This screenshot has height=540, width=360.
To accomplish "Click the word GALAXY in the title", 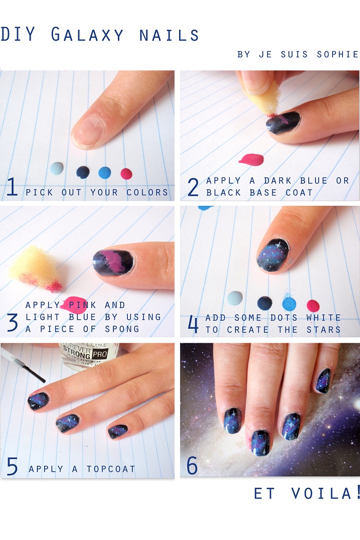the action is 87,35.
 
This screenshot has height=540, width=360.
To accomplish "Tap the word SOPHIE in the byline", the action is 337,54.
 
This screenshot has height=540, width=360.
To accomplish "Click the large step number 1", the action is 12,187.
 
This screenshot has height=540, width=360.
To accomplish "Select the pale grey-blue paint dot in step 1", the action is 57,168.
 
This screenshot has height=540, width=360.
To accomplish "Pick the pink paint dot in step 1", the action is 126,173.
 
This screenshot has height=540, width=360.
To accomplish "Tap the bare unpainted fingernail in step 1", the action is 88,131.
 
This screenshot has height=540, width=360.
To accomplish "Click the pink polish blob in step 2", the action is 251,159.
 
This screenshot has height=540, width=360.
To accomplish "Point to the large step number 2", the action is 193,187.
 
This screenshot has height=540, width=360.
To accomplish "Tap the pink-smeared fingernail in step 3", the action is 113,263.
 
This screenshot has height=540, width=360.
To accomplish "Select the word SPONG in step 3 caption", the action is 122,329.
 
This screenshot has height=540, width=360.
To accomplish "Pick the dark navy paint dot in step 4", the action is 265,304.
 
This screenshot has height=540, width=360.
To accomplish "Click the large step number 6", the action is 192,466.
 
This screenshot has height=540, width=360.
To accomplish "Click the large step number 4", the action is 193,324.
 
